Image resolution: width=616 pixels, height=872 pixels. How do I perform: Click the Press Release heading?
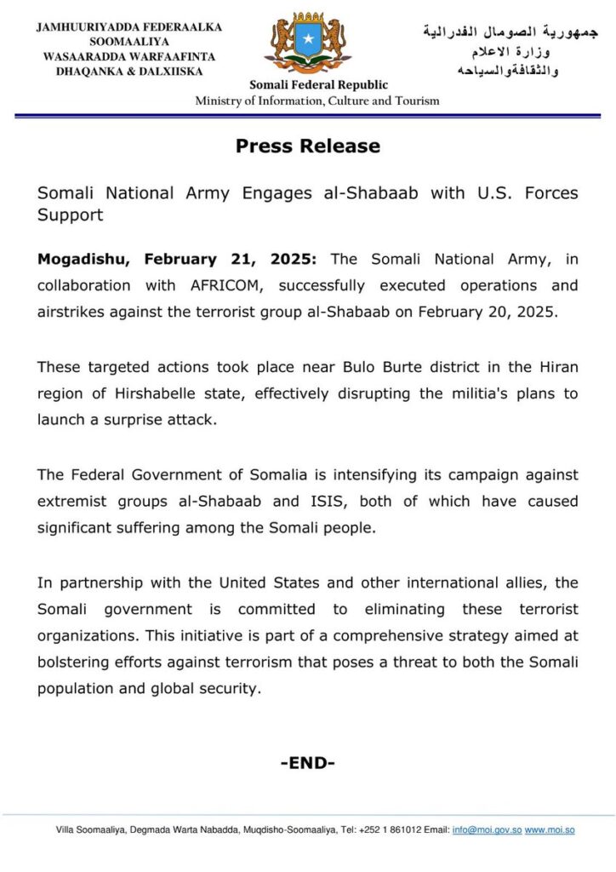307,146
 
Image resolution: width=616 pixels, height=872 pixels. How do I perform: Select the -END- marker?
307,763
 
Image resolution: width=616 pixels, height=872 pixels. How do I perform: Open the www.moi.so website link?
550,829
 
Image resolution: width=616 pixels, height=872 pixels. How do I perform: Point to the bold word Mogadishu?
84,259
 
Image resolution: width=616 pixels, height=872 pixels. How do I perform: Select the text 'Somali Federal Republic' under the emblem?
318,85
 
